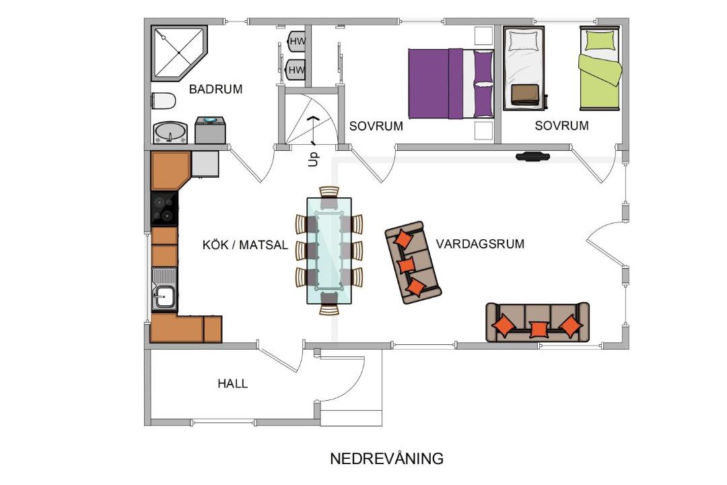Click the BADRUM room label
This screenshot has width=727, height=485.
click(x=215, y=89)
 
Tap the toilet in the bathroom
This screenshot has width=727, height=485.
click(x=164, y=101)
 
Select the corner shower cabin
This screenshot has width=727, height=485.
click(x=179, y=53)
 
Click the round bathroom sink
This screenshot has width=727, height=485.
click(x=170, y=132)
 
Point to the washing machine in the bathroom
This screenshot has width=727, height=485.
click(x=210, y=130)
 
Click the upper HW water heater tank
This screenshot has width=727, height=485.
click(x=297, y=41)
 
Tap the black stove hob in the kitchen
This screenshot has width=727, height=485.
click(x=164, y=209)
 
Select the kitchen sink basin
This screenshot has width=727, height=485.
click(x=164, y=296)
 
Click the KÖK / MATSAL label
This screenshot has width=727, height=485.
click(x=245, y=245)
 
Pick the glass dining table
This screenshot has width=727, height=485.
click(x=329, y=251)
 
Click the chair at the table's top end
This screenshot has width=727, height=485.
click(x=329, y=195)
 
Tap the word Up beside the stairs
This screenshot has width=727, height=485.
click(x=314, y=159)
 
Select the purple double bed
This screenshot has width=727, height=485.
click(x=450, y=84)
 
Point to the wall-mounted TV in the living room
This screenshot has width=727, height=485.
click(x=532, y=156)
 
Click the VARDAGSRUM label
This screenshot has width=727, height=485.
click(x=480, y=244)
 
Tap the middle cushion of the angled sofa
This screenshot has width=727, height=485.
click(x=407, y=265)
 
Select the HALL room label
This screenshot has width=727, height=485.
click(x=233, y=383)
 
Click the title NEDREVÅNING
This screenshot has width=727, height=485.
click(x=386, y=459)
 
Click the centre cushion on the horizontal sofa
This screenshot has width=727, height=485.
click(x=539, y=329)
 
